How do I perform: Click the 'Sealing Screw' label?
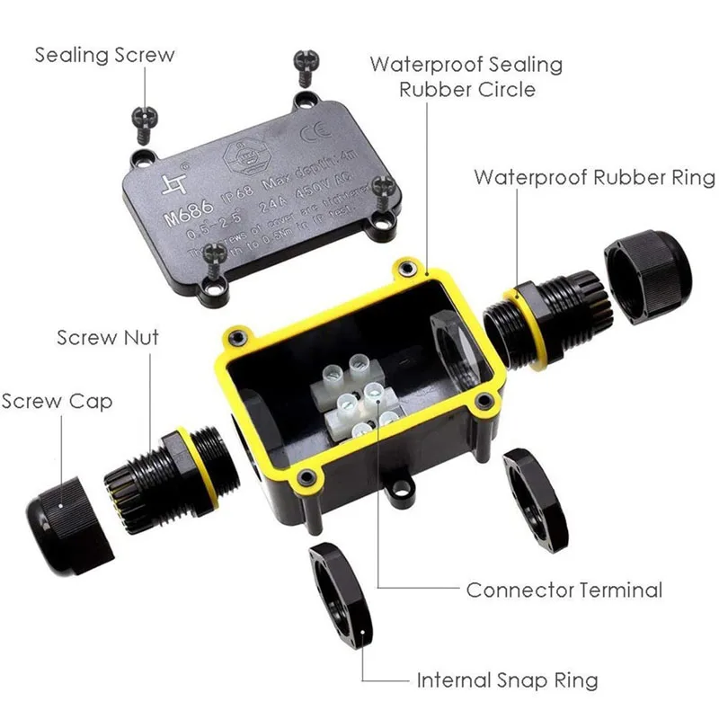point(104,55)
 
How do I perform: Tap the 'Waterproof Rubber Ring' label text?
point(594,176)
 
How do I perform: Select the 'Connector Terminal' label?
point(564,590)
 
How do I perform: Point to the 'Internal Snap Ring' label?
point(506,679)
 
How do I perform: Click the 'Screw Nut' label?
point(107,338)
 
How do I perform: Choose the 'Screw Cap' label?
point(58,401)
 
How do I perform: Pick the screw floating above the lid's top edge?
point(300,68)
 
